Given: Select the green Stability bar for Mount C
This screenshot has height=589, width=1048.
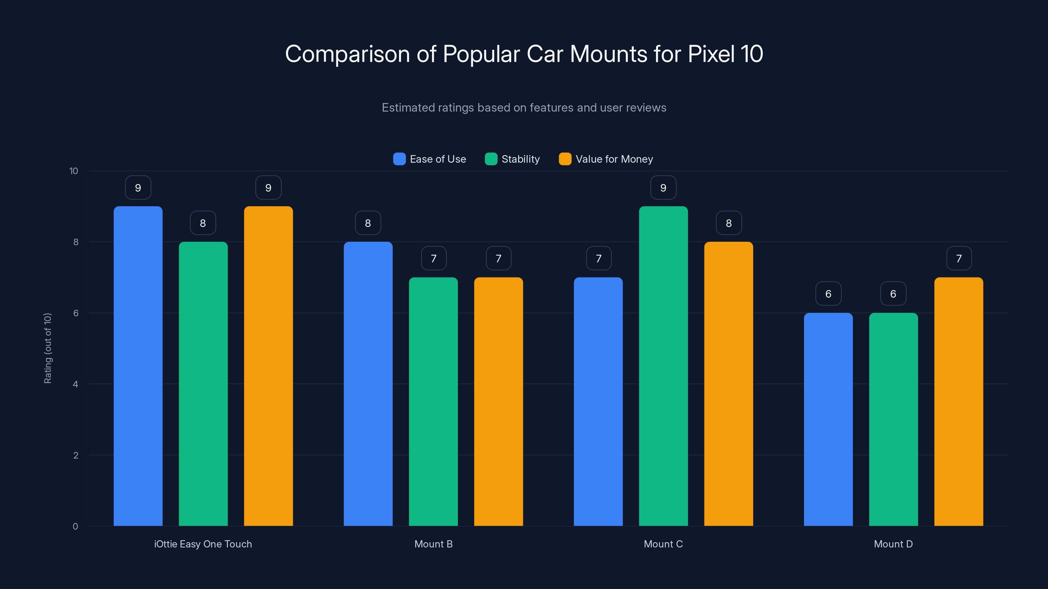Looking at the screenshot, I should click(x=663, y=366).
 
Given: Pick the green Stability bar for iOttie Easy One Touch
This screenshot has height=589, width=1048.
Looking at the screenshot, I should click(x=203, y=384).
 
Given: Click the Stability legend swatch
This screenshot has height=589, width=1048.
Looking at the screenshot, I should click(x=491, y=159).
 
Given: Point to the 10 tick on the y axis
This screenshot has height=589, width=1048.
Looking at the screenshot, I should click(x=74, y=171).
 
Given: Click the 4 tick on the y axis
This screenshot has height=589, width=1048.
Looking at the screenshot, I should click(x=75, y=384).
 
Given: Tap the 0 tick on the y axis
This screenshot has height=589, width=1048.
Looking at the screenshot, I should click(x=75, y=527).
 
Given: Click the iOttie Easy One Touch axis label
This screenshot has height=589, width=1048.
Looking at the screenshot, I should click(x=203, y=544).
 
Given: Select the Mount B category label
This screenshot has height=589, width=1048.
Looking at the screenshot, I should click(x=433, y=544).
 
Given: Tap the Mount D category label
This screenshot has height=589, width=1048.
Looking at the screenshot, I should click(x=893, y=544).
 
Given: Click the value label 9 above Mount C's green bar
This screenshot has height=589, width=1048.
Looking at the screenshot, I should click(x=663, y=188).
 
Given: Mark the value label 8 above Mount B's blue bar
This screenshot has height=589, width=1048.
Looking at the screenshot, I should click(x=368, y=223).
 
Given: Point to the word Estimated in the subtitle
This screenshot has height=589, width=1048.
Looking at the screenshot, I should click(x=407, y=108).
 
